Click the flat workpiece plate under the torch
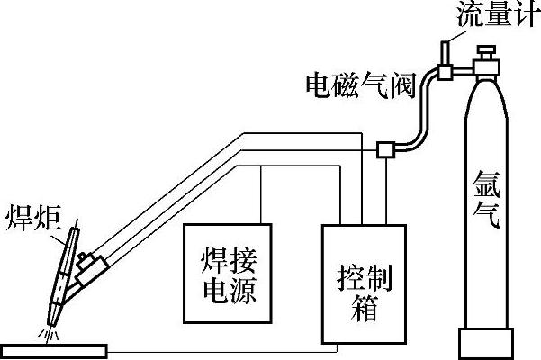coord(55,348)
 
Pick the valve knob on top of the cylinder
coord(490,47)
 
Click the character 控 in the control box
coord(347,272)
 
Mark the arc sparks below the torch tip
coord(49,334)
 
